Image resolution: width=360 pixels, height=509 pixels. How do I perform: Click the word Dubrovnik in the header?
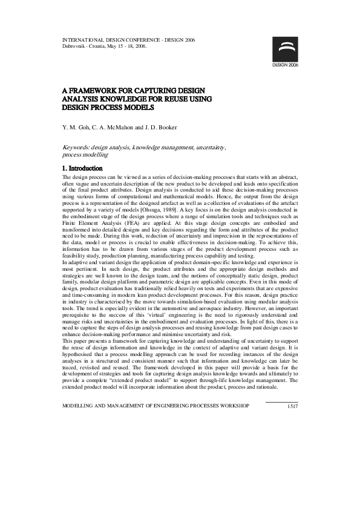tap(74, 46)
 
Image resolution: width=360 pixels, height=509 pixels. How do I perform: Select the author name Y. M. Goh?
tap(75, 129)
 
